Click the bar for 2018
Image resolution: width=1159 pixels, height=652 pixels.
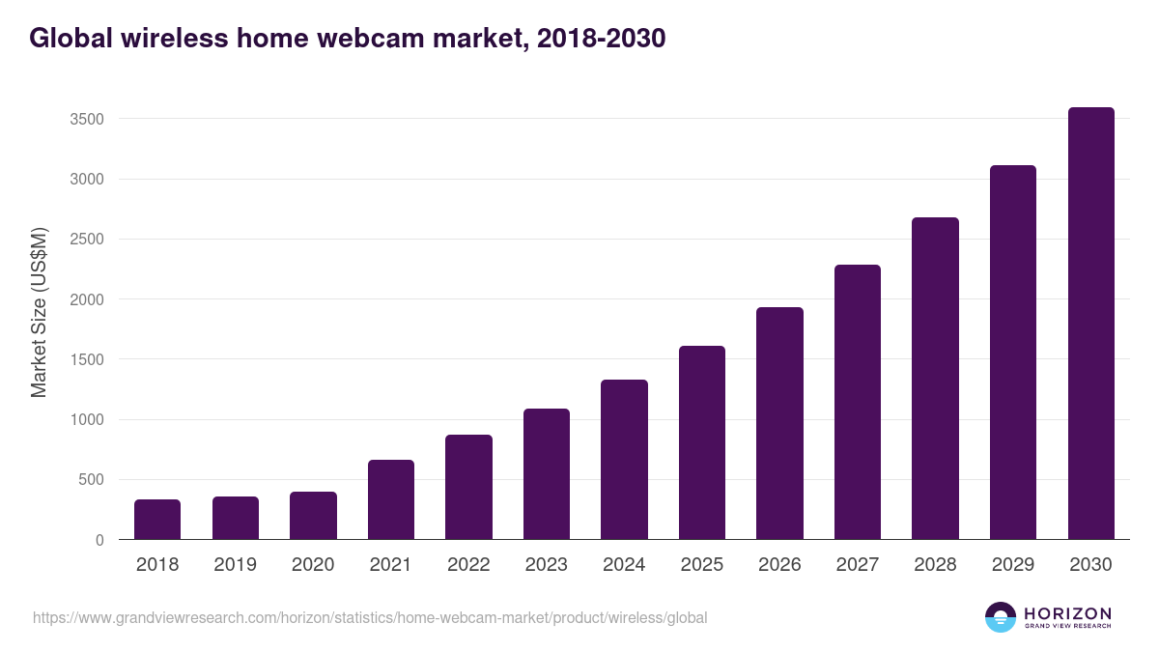[x=157, y=520]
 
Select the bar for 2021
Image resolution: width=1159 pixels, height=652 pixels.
[x=391, y=499]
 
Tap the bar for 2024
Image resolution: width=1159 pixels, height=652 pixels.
[x=624, y=460]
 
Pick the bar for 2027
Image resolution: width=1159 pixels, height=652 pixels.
[x=858, y=402]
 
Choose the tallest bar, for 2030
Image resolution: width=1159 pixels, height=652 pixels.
[x=1090, y=324]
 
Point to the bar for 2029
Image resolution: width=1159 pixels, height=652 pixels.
[x=1013, y=353]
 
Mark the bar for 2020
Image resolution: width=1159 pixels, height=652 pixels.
[x=313, y=516]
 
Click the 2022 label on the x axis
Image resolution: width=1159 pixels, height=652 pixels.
[x=468, y=565]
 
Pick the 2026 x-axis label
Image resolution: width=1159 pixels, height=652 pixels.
[x=779, y=565]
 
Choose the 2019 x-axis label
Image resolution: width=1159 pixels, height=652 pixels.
[x=236, y=565]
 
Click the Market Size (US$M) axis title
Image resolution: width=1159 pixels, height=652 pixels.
[x=39, y=312]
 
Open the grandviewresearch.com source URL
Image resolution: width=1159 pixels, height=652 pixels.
[x=370, y=617]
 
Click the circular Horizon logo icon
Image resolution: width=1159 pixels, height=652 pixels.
[x=1001, y=617]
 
